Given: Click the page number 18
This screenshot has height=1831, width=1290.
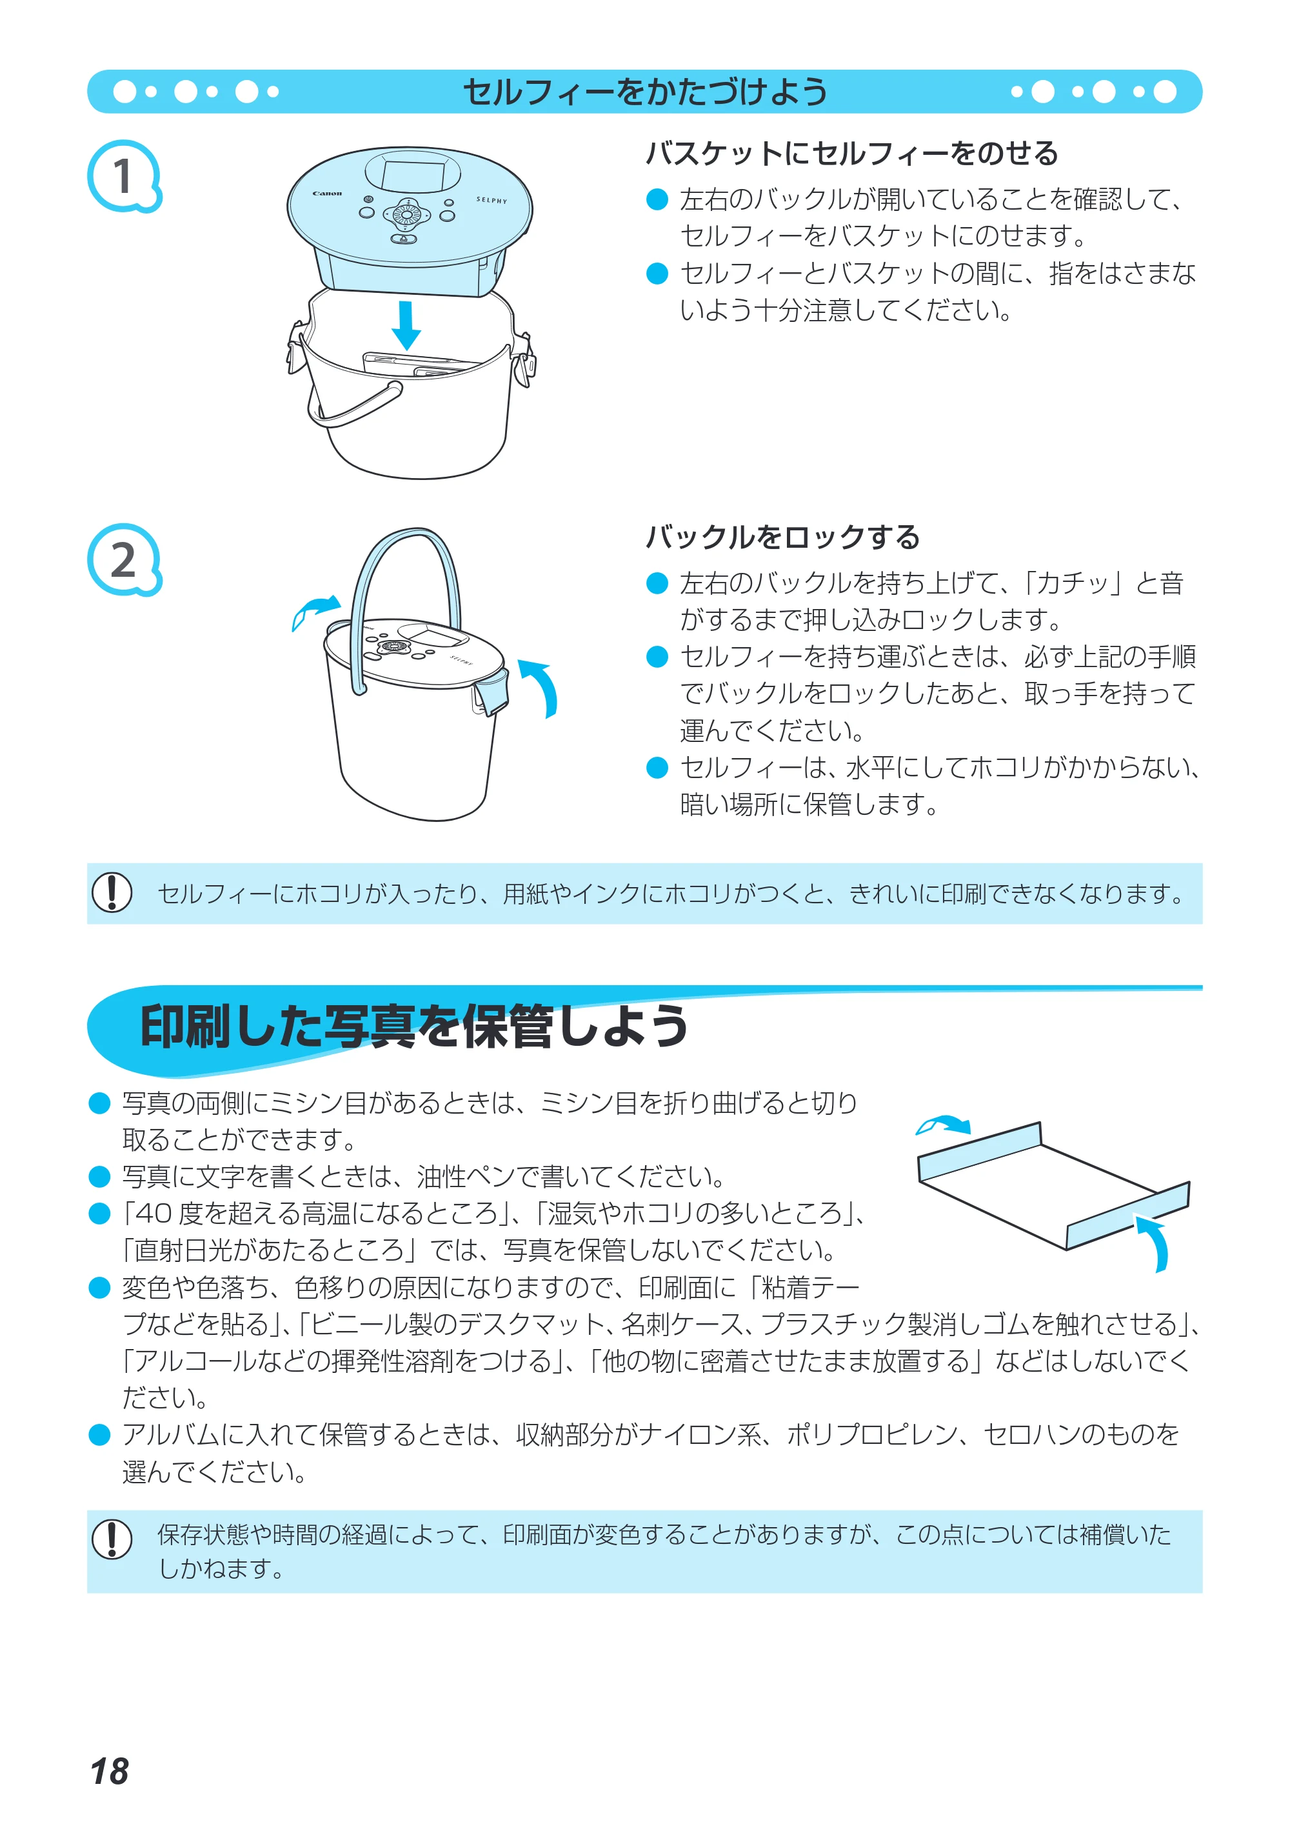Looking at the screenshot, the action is [109, 1771].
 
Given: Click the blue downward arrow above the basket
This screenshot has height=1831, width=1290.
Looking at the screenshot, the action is [406, 325].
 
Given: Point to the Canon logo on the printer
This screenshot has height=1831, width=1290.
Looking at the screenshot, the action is [327, 193].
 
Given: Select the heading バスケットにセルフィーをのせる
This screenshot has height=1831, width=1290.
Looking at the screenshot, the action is [851, 153].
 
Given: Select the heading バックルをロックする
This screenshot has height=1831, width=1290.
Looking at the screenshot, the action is [783, 537].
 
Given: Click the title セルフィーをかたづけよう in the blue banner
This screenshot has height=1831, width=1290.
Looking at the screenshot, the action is [645, 92].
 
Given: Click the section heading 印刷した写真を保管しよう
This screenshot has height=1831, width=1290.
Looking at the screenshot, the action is [414, 1026].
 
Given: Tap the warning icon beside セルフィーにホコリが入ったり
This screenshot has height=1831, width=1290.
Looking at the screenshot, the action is [112, 892].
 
